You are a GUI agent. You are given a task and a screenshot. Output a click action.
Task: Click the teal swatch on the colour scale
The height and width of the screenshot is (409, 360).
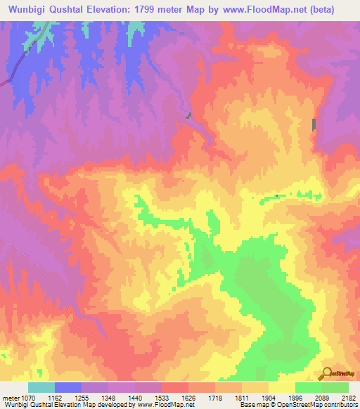(x=41, y=387)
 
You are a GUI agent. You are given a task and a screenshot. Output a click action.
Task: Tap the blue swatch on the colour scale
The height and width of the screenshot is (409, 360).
(x=68, y=387)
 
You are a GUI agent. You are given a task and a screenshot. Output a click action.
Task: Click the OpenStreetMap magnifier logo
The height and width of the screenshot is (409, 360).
(x=326, y=372)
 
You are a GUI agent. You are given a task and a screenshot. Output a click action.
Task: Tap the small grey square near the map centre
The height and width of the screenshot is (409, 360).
(x=188, y=115)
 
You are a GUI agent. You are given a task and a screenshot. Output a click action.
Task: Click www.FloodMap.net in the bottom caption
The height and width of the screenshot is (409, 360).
(x=163, y=405)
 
